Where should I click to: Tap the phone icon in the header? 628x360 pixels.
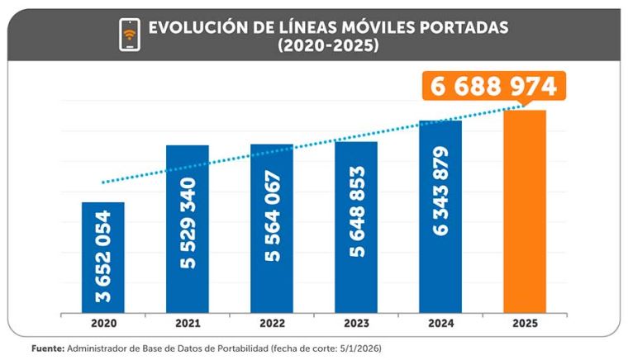130,34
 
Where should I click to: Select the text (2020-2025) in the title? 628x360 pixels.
328,46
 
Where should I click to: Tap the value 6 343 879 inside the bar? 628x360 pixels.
440,191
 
